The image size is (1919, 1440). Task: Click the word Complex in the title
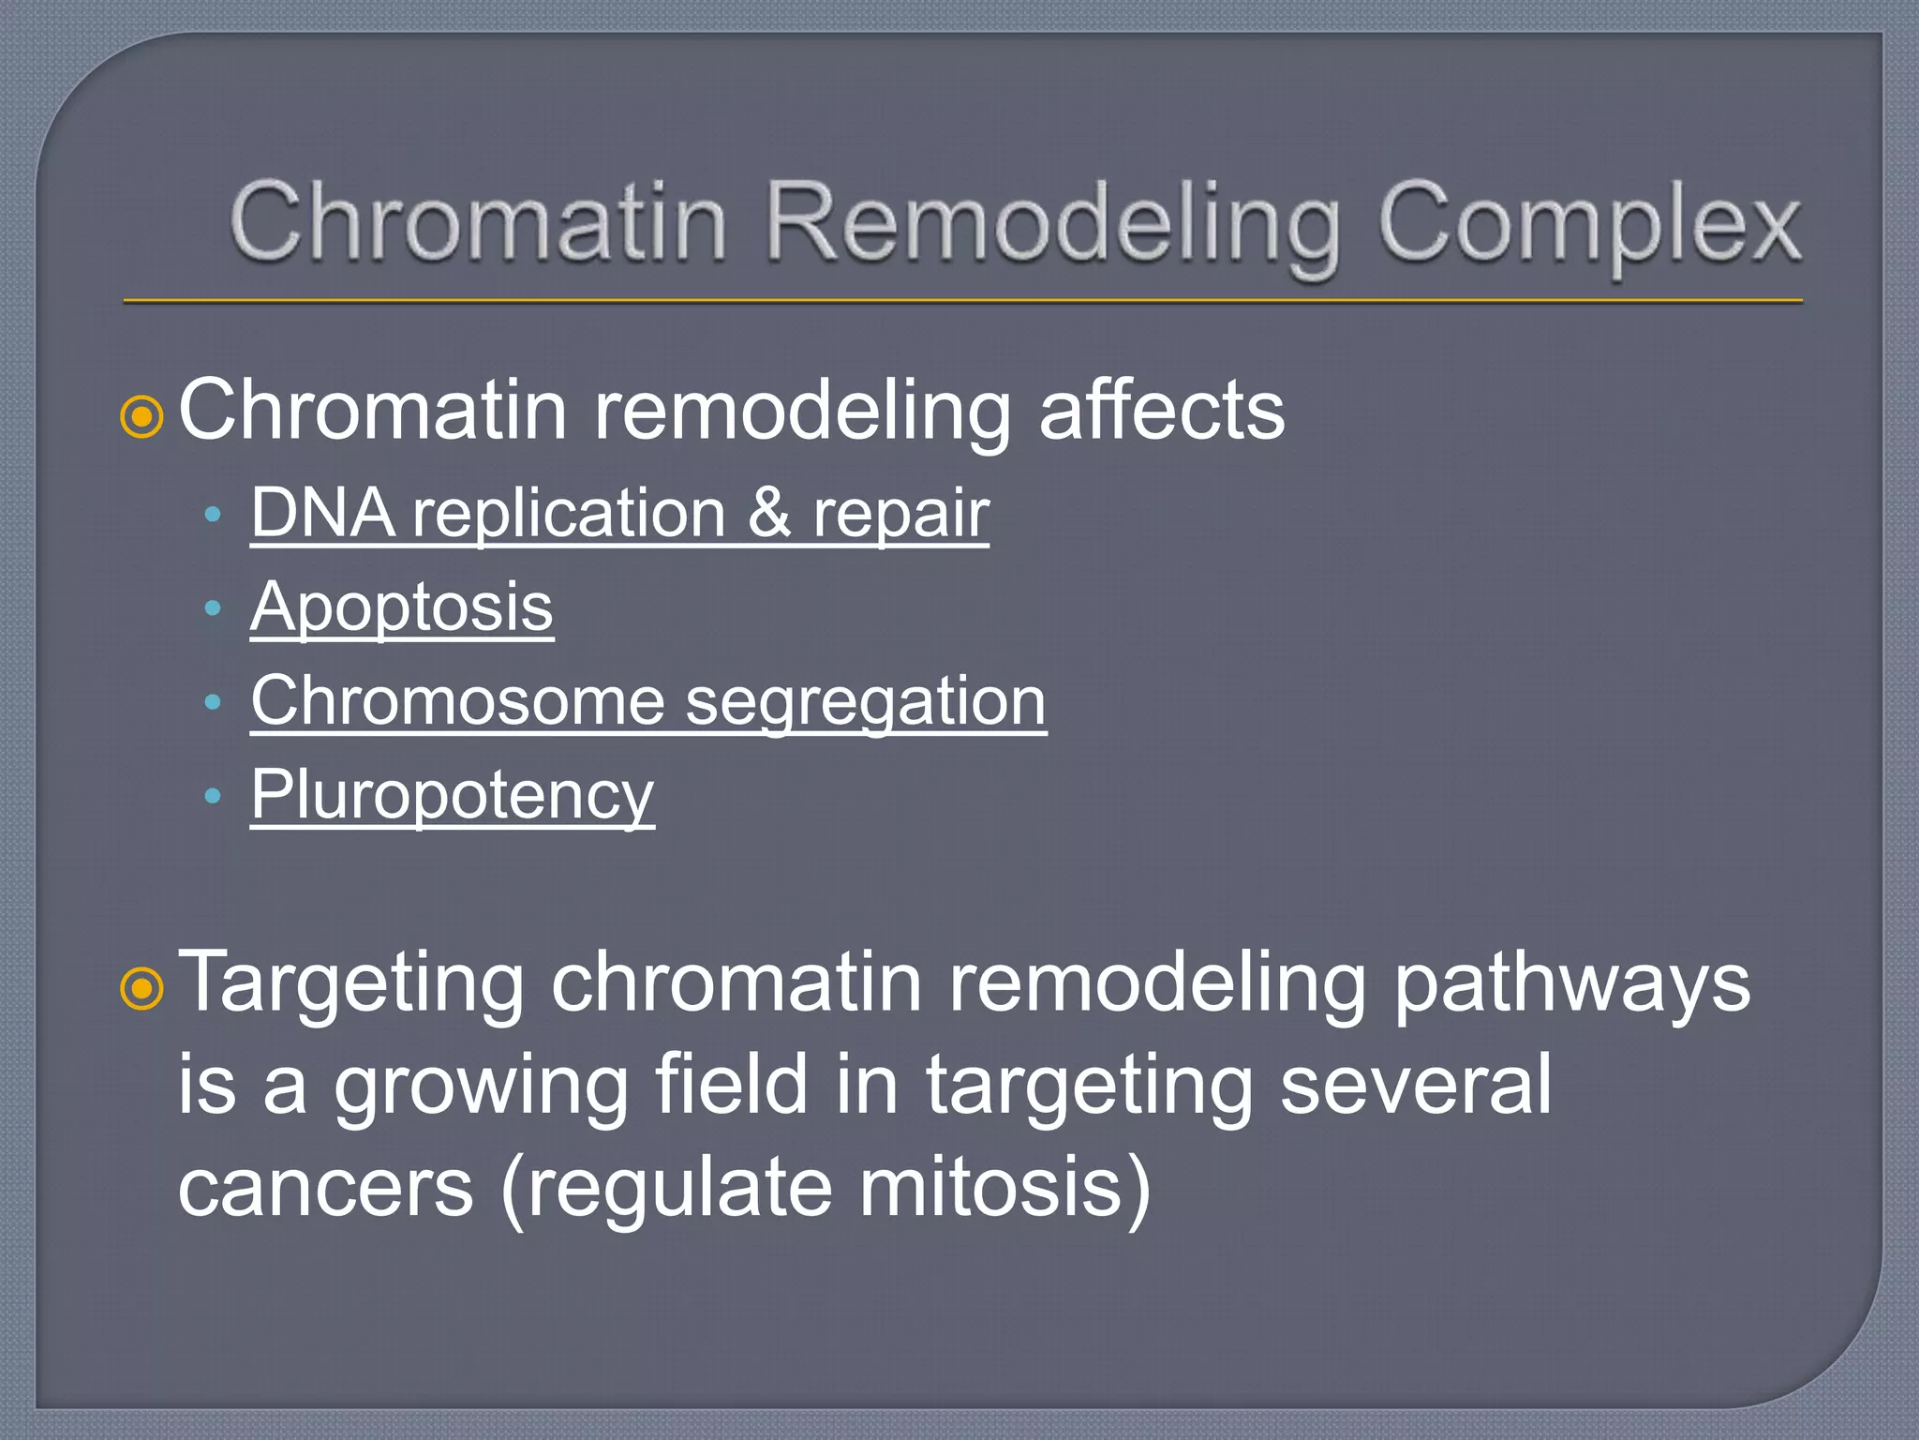tap(1588, 225)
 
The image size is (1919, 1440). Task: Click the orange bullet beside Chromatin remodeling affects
tap(142, 416)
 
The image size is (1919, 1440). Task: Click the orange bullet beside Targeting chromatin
tap(142, 988)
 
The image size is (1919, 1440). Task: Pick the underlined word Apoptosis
tap(402, 607)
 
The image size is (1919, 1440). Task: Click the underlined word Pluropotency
tap(452, 795)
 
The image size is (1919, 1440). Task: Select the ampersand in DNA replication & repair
tap(769, 513)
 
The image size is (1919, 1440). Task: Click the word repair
tap(900, 515)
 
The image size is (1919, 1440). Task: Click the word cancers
tap(326, 1189)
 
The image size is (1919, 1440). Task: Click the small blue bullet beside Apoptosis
tap(213, 608)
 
